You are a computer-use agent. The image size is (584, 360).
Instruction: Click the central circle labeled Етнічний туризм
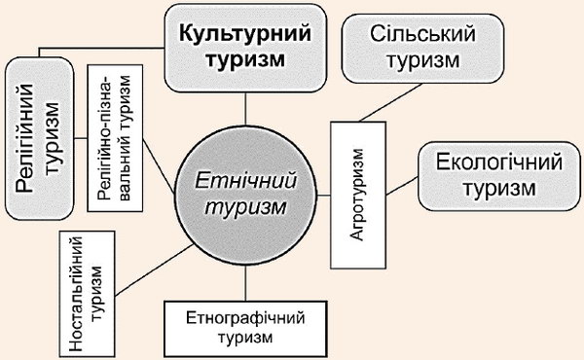[x=246, y=196]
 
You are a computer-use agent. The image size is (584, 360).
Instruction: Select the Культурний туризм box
[x=246, y=48]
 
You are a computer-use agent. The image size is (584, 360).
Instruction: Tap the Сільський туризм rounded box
[x=422, y=49]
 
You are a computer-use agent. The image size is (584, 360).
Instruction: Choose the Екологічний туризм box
[x=499, y=176]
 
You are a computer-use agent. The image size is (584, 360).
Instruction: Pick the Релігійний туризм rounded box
[x=40, y=138]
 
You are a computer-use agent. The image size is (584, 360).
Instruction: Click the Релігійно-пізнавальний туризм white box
[x=115, y=138]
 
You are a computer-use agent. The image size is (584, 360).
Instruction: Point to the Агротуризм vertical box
[x=358, y=195]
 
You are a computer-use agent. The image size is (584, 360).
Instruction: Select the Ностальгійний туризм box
[x=87, y=294]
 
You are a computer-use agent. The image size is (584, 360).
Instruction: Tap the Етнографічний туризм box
[x=245, y=329]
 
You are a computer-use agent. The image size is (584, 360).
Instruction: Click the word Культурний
[x=245, y=33]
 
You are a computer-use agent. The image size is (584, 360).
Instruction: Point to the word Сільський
[x=422, y=34]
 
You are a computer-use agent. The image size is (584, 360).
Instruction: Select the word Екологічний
[x=499, y=162]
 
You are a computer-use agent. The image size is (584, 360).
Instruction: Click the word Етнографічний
[x=245, y=318]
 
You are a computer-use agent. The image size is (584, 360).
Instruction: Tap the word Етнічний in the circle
[x=246, y=181]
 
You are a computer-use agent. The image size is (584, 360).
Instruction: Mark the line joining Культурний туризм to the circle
[x=245, y=109]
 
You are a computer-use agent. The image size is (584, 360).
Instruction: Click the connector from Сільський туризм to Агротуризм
[x=391, y=102]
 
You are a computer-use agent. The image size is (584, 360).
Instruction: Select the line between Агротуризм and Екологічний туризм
[x=401, y=186]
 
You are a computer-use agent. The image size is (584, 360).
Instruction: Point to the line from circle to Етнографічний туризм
[x=245, y=283]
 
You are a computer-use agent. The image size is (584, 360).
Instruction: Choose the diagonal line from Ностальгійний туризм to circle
[x=154, y=270]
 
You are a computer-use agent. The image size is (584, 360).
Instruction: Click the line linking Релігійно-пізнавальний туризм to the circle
[x=159, y=166]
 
